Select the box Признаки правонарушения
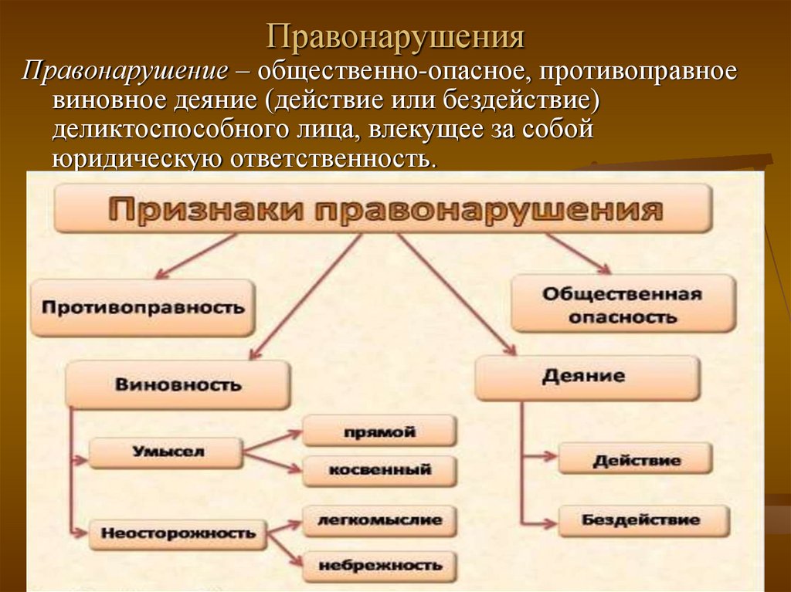point(383,209)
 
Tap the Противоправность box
point(143,308)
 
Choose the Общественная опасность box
point(622,304)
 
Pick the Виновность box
point(178,384)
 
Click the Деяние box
point(588,377)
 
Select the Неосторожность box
point(178,533)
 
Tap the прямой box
point(379,431)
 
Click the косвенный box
point(379,470)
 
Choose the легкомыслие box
point(379,520)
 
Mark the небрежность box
point(379,565)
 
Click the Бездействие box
point(641,520)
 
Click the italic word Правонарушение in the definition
point(125,73)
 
